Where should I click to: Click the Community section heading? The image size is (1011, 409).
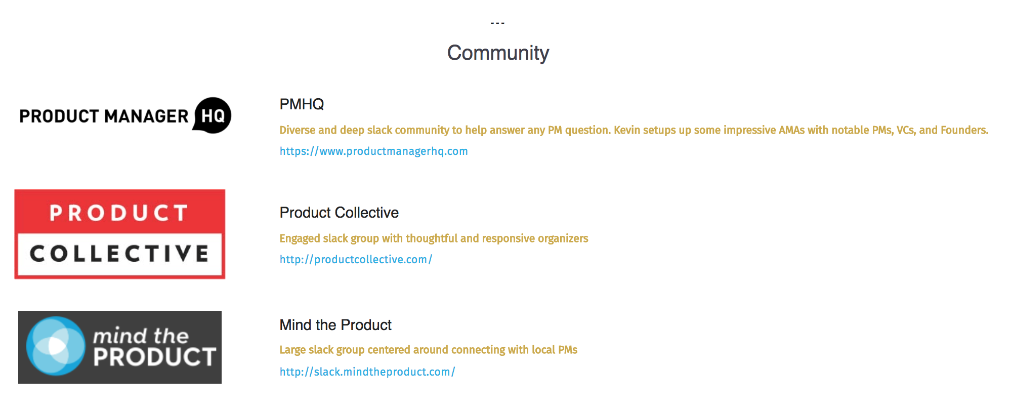click(498, 53)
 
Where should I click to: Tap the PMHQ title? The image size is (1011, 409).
click(302, 104)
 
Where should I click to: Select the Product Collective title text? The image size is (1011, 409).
click(339, 213)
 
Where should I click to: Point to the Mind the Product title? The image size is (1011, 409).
click(335, 325)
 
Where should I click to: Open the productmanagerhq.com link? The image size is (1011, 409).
click(373, 151)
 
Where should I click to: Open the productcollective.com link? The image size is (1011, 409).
click(356, 260)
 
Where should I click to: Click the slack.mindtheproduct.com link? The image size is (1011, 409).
click(367, 372)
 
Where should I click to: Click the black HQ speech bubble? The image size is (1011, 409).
click(213, 115)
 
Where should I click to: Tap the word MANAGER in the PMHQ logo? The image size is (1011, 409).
click(146, 116)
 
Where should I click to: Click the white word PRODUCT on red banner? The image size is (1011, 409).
click(119, 213)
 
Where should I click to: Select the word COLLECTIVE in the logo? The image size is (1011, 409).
click(119, 254)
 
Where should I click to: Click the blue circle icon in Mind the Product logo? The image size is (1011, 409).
click(56, 346)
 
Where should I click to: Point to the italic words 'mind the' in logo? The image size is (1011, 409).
click(141, 336)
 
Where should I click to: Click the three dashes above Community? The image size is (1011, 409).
click(497, 23)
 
